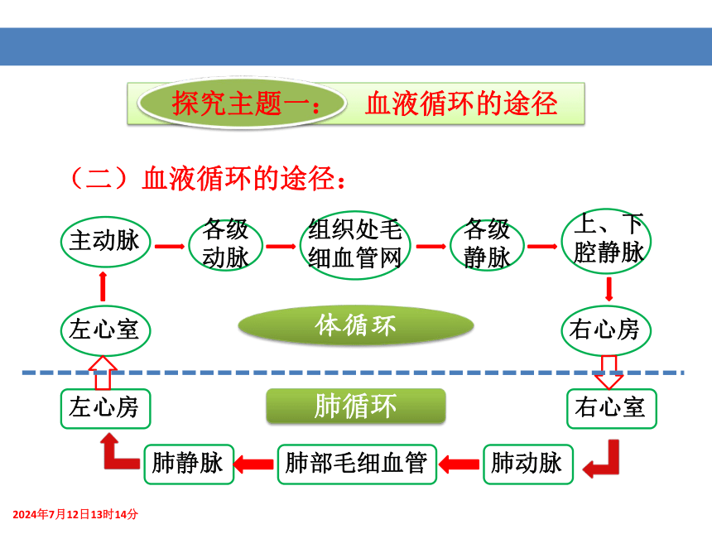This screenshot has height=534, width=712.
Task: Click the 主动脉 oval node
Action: [105, 242]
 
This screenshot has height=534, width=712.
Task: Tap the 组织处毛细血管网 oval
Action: [355, 245]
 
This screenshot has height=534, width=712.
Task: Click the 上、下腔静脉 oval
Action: [607, 241]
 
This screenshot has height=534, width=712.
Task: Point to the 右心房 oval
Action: [607, 330]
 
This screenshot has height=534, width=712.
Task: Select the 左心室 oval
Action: [105, 330]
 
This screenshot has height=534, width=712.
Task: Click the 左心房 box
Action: [105, 409]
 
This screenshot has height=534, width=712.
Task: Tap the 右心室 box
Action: [612, 409]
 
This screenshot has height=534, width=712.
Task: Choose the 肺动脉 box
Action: [528, 464]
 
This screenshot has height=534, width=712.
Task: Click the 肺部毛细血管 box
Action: [357, 464]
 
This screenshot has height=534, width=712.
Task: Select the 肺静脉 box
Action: [189, 464]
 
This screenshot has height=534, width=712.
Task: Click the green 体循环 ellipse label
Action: [356, 325]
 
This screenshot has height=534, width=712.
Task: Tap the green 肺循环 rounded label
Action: [356, 406]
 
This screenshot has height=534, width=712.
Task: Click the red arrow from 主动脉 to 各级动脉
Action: [170, 247]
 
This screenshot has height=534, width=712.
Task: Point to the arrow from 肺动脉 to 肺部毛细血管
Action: [459, 464]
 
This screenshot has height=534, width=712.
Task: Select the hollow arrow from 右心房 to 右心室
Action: [609, 373]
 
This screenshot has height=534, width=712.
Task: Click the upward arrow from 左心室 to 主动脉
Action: [103, 286]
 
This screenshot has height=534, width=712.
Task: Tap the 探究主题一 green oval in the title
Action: [243, 103]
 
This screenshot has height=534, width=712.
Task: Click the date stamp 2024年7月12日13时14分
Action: [75, 514]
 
